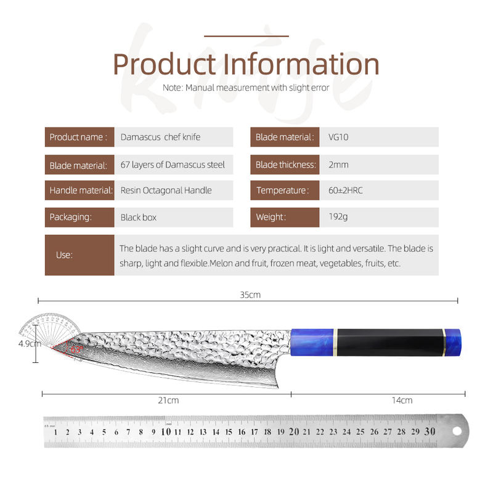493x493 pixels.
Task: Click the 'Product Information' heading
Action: (x=246, y=65)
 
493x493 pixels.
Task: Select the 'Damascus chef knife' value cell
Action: (x=174, y=137)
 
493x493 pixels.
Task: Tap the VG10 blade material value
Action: (x=338, y=137)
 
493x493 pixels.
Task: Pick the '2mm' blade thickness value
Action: (x=338, y=165)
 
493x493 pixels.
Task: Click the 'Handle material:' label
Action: (x=81, y=190)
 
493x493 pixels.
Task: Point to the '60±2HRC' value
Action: (x=346, y=190)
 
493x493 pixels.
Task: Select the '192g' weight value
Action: (x=338, y=217)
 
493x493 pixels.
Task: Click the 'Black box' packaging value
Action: (x=138, y=218)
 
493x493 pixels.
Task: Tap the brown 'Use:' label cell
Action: (x=79, y=255)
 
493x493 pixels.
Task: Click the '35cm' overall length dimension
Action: (x=250, y=295)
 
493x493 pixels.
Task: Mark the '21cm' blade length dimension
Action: (x=168, y=400)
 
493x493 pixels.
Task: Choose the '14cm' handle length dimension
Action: (x=402, y=400)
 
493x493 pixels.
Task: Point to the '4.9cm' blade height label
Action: (x=30, y=344)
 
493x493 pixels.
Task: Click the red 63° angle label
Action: (x=76, y=349)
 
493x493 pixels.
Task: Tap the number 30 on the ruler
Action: (x=430, y=431)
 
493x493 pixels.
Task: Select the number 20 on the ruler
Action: (x=294, y=432)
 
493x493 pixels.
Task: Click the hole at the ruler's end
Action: (x=457, y=431)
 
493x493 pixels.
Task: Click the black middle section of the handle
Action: (x=390, y=343)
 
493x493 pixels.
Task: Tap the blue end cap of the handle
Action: (x=453, y=343)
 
